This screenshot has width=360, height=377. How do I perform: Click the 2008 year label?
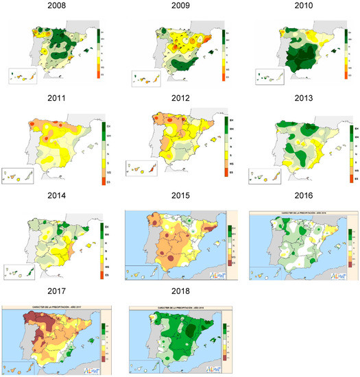pos(61,8)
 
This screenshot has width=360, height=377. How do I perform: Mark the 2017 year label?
pos(61,289)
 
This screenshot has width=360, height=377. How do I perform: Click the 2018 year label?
pos(180,289)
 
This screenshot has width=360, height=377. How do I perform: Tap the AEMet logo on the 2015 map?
pos(218,273)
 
